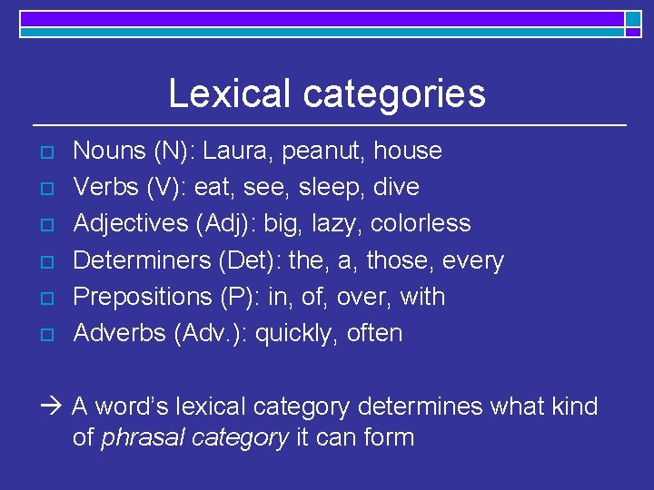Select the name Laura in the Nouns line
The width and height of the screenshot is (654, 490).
(x=234, y=151)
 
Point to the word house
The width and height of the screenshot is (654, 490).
(x=408, y=151)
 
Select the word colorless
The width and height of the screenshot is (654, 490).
(x=422, y=223)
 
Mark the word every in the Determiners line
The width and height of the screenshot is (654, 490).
(x=472, y=261)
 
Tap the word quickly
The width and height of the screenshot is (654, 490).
(x=296, y=334)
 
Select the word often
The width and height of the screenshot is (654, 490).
(x=374, y=333)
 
